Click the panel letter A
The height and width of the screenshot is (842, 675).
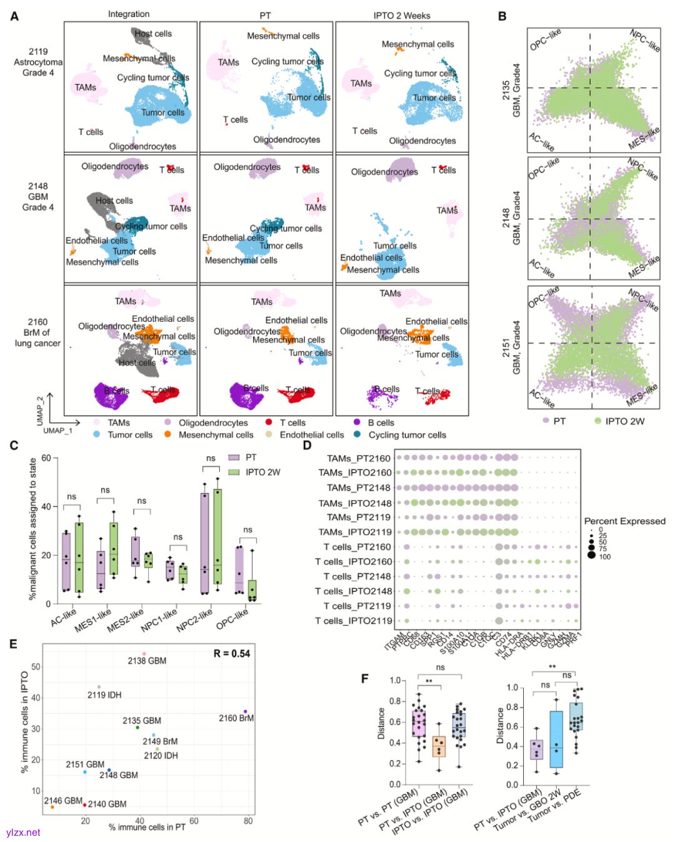(x=14, y=16)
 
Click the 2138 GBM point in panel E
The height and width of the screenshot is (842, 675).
(x=144, y=654)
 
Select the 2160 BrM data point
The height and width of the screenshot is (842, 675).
(x=245, y=711)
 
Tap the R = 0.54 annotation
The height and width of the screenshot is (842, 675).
(x=231, y=653)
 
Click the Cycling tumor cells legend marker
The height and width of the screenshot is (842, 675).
(x=357, y=434)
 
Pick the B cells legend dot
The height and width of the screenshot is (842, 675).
(x=357, y=422)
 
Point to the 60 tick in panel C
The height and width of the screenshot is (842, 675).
(x=46, y=458)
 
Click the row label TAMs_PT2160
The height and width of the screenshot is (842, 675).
(x=358, y=458)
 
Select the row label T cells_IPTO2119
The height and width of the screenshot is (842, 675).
(x=354, y=621)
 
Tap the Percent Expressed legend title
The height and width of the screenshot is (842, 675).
(x=624, y=521)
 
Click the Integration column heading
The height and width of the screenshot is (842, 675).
(x=129, y=14)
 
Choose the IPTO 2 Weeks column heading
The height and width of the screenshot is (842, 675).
(x=402, y=16)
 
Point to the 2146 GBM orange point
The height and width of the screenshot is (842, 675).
(x=52, y=807)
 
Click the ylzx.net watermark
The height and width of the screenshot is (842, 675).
(x=23, y=833)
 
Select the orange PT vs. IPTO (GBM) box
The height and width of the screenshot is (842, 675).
(x=439, y=746)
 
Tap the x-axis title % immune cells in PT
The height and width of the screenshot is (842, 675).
(x=147, y=827)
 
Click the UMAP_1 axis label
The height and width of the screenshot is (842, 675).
(x=57, y=430)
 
